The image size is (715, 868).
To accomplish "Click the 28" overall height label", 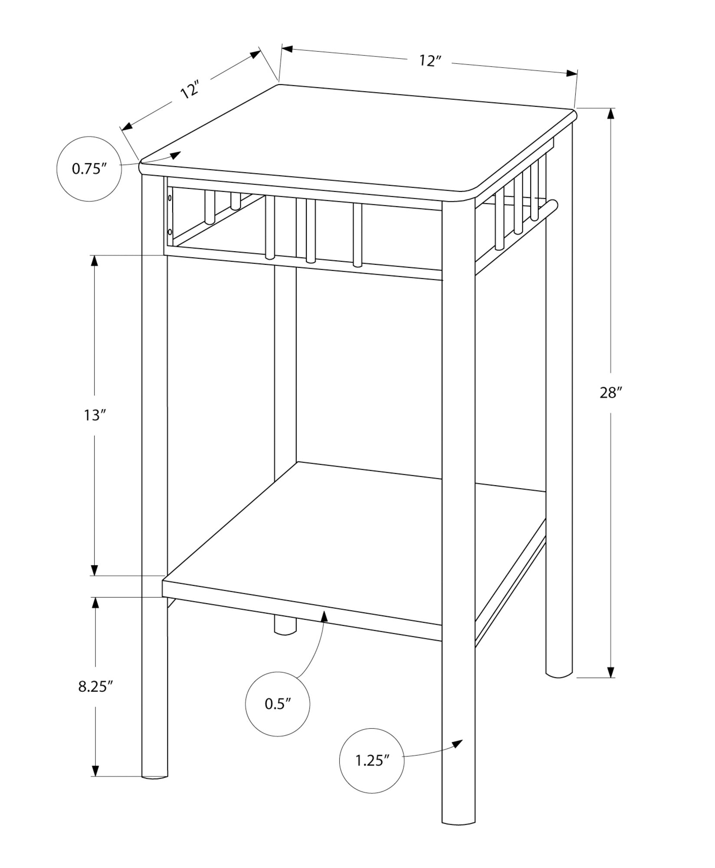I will [x=611, y=393].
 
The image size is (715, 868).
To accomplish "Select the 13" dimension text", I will [x=95, y=415].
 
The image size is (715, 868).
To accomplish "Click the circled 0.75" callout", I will [x=89, y=168].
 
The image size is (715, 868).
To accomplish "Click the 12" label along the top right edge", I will [x=430, y=61].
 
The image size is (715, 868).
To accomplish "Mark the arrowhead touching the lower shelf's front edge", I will [x=323, y=615].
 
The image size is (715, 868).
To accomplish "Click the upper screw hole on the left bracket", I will [x=170, y=198].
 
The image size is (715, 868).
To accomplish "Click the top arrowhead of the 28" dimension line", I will [x=611, y=114].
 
